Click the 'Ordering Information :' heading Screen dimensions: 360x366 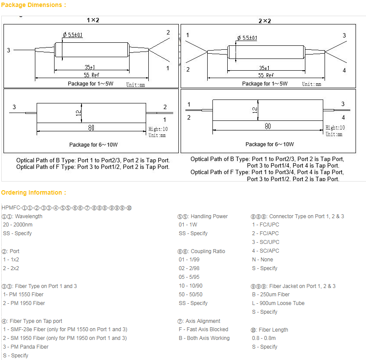(x=34, y=192)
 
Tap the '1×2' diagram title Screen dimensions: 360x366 (x=92, y=20)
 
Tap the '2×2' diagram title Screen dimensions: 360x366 (x=265, y=21)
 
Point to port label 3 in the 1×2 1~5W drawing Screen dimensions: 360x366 (x=8, y=50)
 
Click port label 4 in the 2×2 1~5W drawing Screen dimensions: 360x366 (x=344, y=70)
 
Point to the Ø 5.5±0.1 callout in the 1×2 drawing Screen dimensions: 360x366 (x=72, y=34)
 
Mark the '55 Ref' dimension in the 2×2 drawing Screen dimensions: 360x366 (x=266, y=75)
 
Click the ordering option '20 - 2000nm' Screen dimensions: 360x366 (x=17, y=225)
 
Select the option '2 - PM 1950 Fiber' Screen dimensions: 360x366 (x=24, y=303)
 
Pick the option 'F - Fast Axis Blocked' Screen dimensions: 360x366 (x=203, y=329)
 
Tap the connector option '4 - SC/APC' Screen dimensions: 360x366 (x=265, y=251)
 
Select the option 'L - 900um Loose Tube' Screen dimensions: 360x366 (x=278, y=303)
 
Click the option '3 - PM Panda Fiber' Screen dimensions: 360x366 (x=25, y=347)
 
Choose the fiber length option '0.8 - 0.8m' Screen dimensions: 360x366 (x=263, y=338)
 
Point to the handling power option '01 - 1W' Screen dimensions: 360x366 (x=188, y=225)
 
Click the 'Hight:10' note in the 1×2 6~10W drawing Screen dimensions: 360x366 (x=158, y=129)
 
